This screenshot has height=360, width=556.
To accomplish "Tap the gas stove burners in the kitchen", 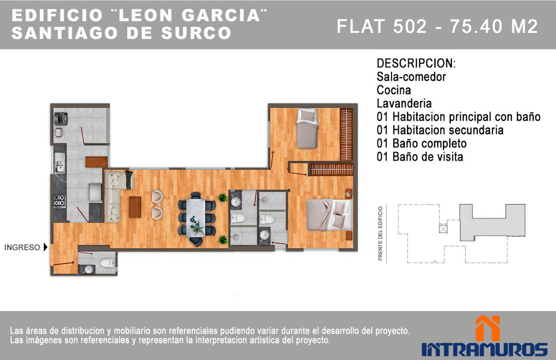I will pos(59,201).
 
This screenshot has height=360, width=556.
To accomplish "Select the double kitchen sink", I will pos(59,163).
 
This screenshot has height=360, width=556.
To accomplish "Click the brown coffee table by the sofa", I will pos(135,207).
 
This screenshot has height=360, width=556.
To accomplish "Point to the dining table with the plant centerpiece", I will pos(197,217).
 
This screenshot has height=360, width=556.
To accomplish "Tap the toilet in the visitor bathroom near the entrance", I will pos(106,263).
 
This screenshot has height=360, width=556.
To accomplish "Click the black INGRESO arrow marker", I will pos(45,248).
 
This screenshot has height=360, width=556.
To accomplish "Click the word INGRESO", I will pos(22,248).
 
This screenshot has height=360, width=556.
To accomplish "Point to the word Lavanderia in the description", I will pos(404,104).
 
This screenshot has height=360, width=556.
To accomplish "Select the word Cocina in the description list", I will pos(394,90).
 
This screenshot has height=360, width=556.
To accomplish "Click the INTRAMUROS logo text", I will pos(484,349).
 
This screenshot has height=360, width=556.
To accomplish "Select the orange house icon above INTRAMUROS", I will pos(487,328).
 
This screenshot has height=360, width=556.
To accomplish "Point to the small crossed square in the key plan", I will pos(443,229).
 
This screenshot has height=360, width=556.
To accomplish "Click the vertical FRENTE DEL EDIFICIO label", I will pos(381,233).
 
